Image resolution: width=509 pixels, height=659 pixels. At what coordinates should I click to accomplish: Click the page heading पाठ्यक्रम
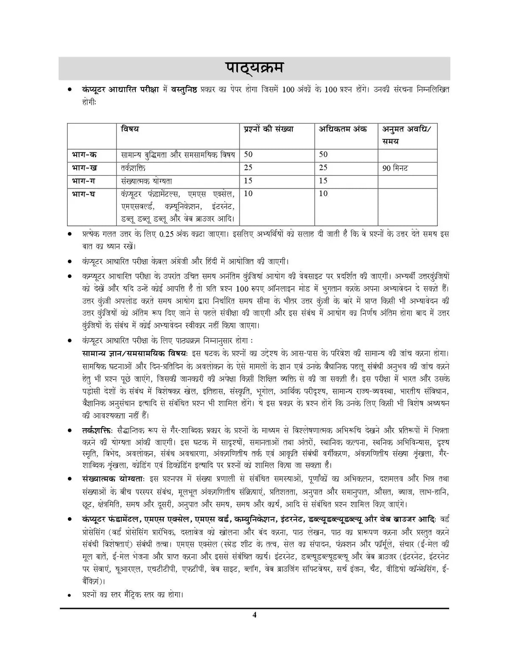coord(254,69)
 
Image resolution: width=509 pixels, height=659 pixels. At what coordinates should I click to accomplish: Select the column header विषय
coord(129,129)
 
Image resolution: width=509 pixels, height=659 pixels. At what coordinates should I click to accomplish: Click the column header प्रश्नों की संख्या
coord(268,129)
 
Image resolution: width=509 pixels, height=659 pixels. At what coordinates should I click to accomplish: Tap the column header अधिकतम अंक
coord(343,129)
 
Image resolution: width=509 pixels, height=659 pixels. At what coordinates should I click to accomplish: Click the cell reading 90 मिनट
coord(395,168)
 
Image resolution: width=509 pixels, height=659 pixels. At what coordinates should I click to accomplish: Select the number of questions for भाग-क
coord(248,155)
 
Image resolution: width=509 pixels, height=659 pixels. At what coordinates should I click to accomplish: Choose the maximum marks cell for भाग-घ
coord(323,194)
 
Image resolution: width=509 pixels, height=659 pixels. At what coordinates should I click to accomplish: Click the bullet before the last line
coord(69,595)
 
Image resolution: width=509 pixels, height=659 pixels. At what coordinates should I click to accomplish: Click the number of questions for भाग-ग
coord(248,181)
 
